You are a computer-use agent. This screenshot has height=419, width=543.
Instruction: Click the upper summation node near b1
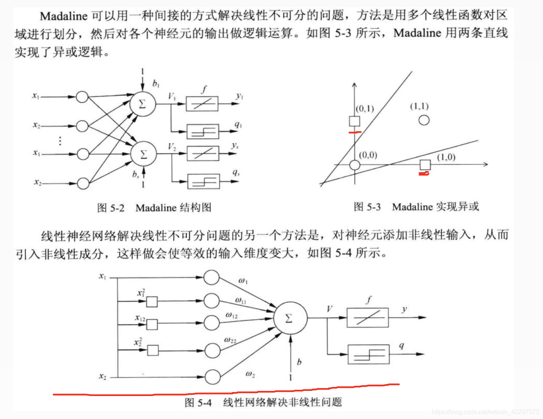(142, 104)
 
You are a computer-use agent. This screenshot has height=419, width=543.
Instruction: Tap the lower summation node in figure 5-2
(143, 154)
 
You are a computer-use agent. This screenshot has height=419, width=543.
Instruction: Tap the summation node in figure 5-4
(290, 318)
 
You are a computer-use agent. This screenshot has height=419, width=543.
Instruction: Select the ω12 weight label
(231, 315)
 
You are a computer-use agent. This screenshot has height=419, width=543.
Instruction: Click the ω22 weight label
(230, 340)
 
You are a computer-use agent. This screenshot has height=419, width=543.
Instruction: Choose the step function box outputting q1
(203, 131)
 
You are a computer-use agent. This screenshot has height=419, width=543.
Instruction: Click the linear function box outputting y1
(202, 104)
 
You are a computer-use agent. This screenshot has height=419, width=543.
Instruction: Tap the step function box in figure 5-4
(368, 354)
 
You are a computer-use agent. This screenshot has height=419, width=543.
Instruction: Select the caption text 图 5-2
(111, 208)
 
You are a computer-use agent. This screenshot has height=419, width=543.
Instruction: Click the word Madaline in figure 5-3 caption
(412, 207)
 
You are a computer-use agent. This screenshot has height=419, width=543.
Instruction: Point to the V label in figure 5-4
(330, 309)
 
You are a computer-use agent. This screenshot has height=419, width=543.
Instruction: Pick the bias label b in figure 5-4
(299, 362)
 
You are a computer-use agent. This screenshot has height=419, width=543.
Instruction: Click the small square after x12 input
(152, 325)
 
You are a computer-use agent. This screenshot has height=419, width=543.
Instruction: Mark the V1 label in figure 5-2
(172, 96)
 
